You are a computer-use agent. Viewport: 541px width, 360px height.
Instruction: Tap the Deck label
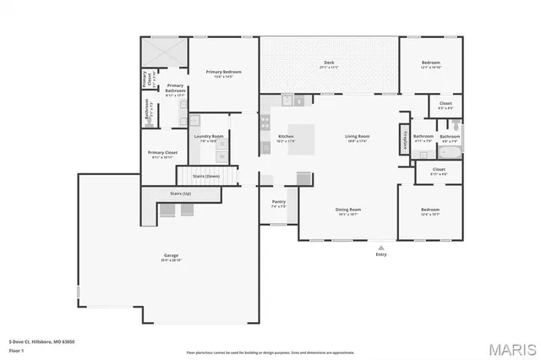pos(330,63)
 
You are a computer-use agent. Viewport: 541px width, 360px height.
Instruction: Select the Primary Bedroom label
pos(224,73)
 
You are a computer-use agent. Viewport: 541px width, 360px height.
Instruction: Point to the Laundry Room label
pos(208,136)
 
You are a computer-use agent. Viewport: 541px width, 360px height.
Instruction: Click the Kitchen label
pos(286,137)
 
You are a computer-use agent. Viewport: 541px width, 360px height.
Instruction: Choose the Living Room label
pos(358,137)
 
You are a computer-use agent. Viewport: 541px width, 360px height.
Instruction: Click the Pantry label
pos(279,202)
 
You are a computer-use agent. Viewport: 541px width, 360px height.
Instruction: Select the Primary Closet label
pos(161,153)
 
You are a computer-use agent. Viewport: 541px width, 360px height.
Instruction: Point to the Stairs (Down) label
pos(206,176)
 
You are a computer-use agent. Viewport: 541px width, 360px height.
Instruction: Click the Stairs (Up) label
pos(181,194)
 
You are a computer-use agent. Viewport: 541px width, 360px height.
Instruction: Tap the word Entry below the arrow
pos(381,254)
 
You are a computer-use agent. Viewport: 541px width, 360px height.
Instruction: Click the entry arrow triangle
pos(381,247)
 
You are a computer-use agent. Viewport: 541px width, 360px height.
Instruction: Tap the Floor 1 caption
pos(15,349)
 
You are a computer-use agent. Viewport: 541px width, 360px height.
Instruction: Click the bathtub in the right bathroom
pos(449,154)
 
